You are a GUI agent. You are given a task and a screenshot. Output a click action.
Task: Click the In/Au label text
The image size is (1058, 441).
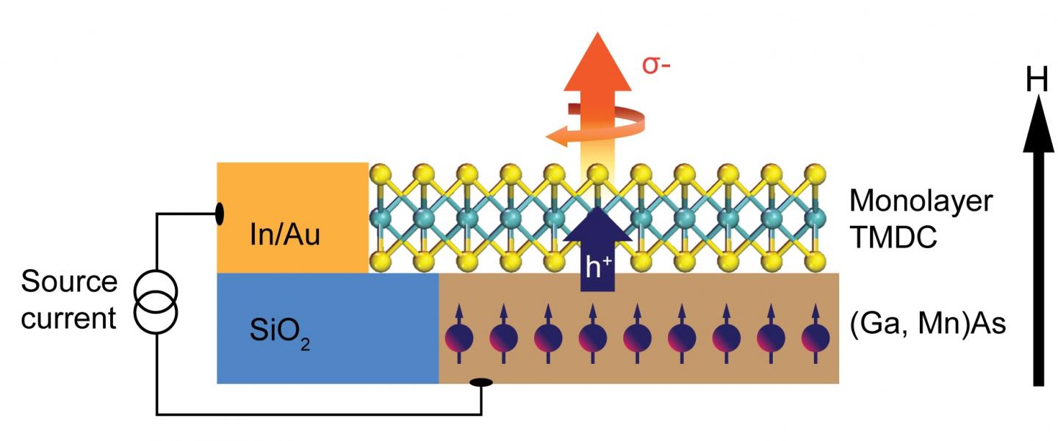pos(284,237)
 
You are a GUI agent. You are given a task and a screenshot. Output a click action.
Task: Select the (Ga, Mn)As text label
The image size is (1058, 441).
pos(926,326)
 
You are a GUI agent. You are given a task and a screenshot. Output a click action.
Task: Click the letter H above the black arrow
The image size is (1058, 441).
pos(1037,81)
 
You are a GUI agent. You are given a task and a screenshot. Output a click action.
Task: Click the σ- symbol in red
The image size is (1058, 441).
pos(656,66)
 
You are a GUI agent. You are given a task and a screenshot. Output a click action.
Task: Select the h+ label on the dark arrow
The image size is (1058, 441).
pos(597,269)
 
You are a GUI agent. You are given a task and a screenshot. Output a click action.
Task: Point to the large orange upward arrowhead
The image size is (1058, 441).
pos(597,59)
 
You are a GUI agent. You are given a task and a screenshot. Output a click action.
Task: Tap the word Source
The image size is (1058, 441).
pos(69,283)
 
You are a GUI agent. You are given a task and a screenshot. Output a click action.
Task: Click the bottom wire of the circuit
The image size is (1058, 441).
pos(316,415)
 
